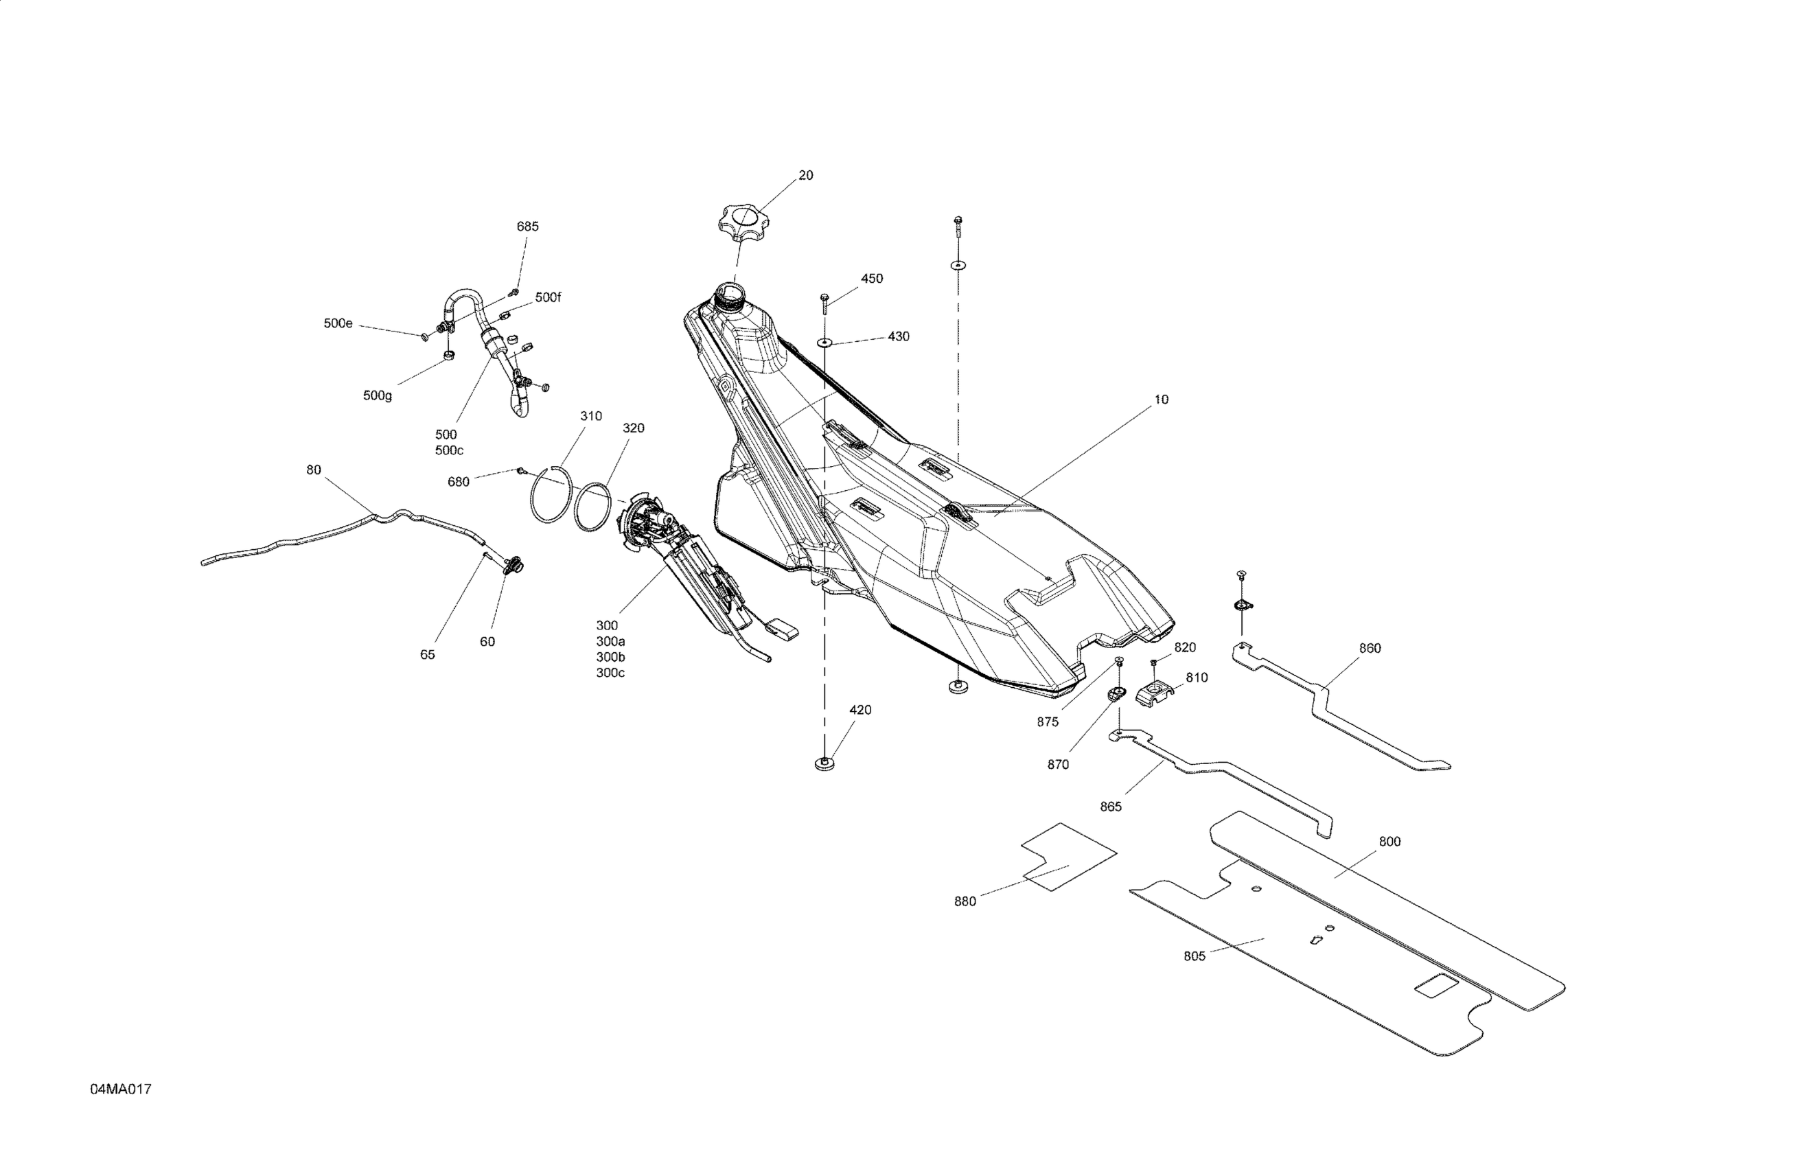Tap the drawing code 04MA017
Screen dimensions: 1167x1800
pos(121,1089)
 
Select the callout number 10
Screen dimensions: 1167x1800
pos(1161,400)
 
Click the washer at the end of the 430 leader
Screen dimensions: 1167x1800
pos(824,343)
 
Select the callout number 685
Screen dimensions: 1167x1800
pos(527,226)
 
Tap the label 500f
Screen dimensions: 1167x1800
pos(549,297)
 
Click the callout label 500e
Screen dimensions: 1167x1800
pos(338,323)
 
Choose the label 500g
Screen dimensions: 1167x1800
pos(378,395)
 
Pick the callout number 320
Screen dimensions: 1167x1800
pos(633,428)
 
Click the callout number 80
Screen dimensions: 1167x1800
pos(313,470)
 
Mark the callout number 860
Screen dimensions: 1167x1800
pos(1370,648)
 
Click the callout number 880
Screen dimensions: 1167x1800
pos(965,901)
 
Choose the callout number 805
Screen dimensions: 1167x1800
pos(1195,956)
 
